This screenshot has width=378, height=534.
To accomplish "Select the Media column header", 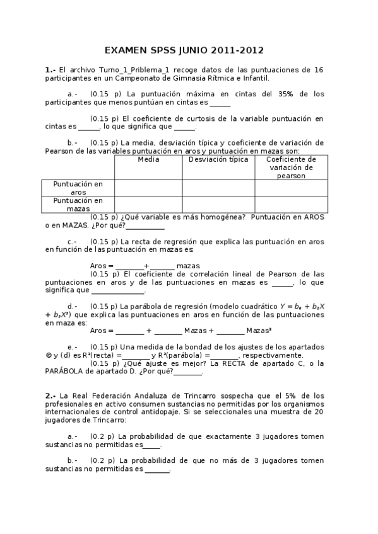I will click(x=148, y=159).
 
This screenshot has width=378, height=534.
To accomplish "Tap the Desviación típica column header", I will click(x=216, y=159).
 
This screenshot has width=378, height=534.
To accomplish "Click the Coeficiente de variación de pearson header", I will click(x=291, y=168).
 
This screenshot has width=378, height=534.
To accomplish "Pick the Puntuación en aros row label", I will click(x=78, y=188).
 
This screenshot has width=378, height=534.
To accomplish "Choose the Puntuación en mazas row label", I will click(x=78, y=204).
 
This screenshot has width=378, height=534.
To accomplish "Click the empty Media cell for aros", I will click(x=148, y=188).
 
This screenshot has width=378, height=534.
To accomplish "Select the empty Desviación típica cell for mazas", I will click(x=216, y=204).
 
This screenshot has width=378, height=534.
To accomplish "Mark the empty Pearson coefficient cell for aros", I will click(x=291, y=188).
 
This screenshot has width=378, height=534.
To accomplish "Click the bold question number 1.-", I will click(x=50, y=70).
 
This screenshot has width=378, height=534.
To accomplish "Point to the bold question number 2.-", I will click(x=50, y=395).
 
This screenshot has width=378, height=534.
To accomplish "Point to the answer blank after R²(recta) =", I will click(x=136, y=355).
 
